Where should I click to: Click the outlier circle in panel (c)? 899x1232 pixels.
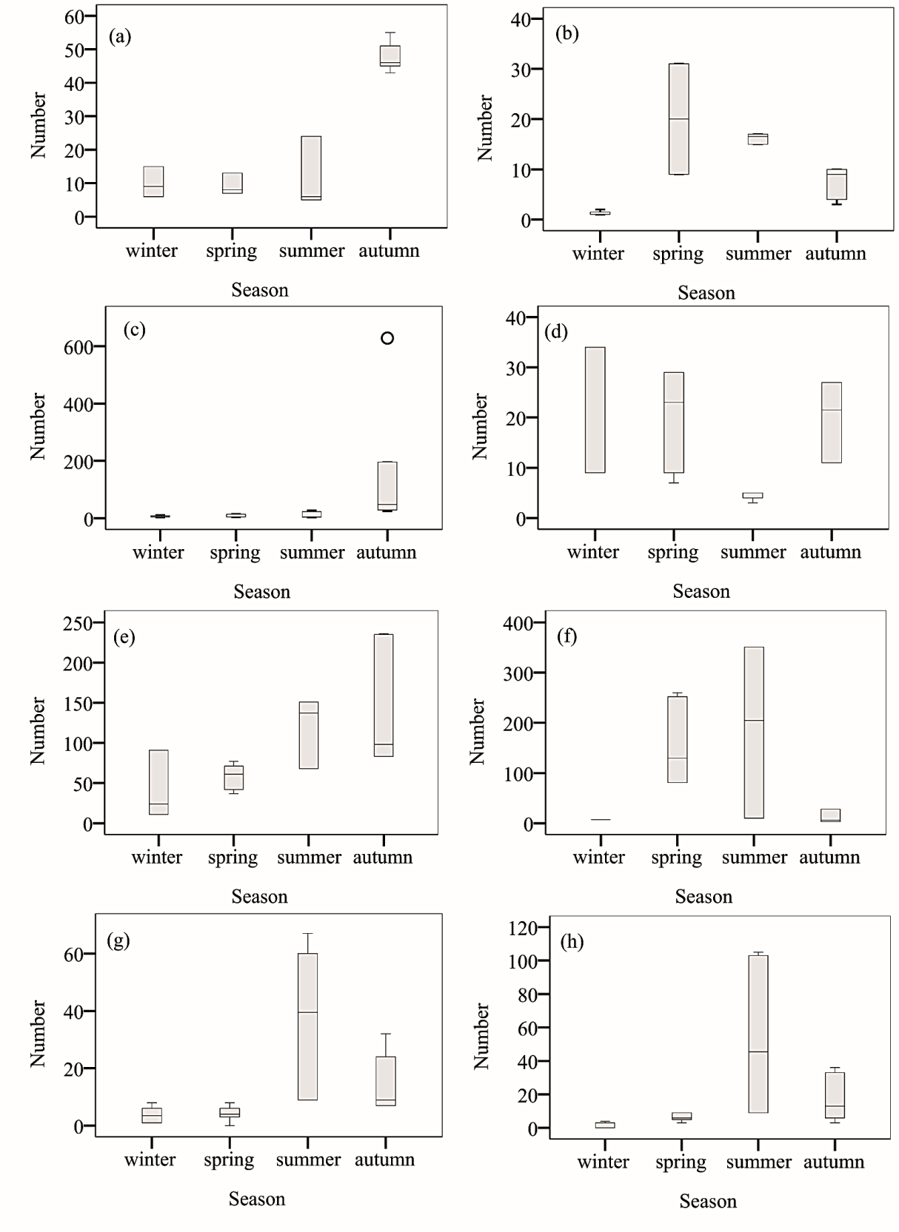coord(387,338)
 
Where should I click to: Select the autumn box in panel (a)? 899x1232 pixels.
coord(390,56)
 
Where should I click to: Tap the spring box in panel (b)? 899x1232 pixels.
coord(678,118)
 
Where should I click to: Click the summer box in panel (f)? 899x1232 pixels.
coord(754,732)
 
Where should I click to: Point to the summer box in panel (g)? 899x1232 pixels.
coord(307,1026)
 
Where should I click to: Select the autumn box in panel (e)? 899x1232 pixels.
coord(384,695)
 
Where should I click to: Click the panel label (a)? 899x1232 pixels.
coord(120,36)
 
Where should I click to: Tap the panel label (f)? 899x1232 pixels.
coord(567,636)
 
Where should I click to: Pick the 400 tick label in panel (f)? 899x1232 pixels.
coord(518,623)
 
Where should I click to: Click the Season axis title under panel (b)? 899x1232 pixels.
coord(706,293)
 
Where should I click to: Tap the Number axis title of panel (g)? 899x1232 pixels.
coord(38,1034)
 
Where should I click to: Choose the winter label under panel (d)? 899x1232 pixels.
coord(593,552)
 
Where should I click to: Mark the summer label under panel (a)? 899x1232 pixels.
coord(312,251)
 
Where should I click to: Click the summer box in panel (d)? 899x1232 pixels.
coord(752,496)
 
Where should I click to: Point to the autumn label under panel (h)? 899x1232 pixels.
coord(834,1162)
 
